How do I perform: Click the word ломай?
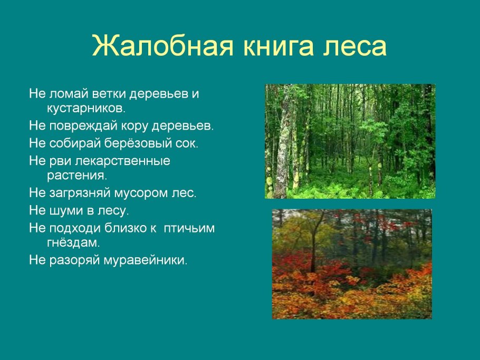coord(67,94)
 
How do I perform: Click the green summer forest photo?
coord(350,141)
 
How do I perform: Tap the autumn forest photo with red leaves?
coord(352,264)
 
